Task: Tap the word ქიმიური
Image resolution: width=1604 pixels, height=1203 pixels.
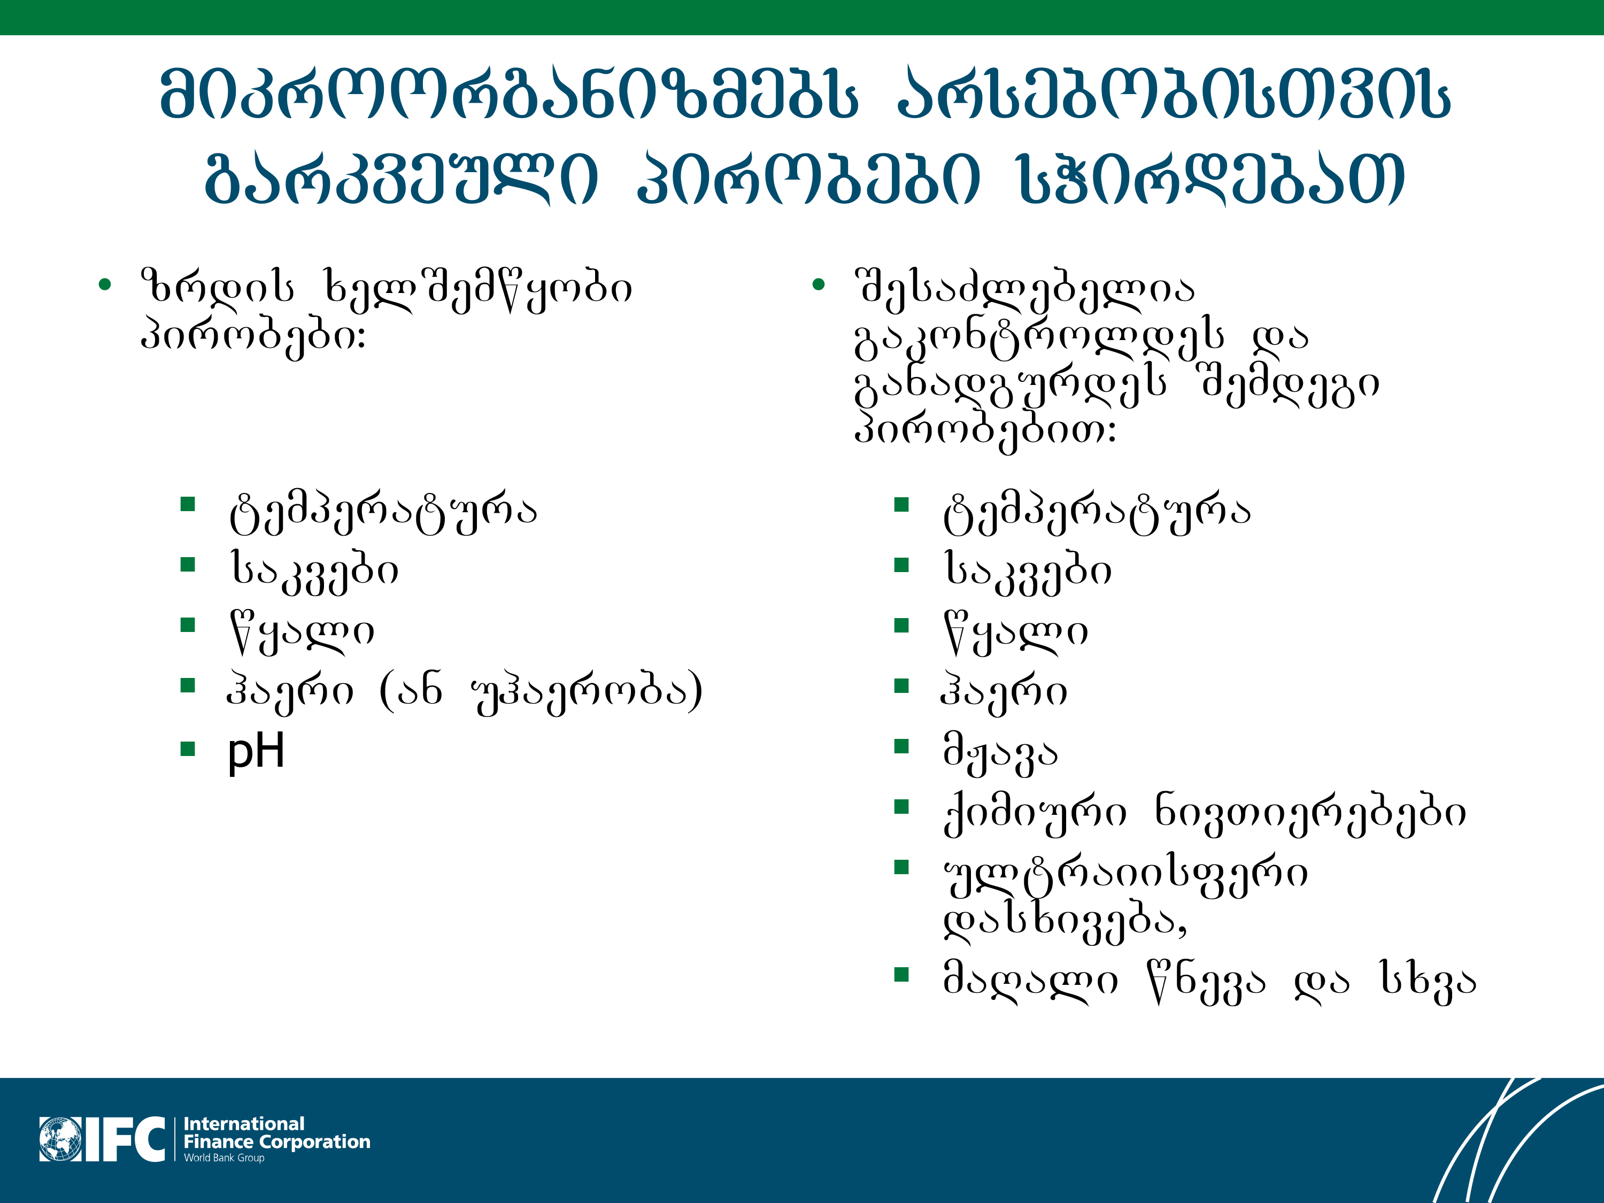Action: [1036, 813]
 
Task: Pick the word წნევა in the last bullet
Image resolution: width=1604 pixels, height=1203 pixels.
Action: [1207, 982]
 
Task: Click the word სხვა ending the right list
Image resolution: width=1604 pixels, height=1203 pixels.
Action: [1427, 982]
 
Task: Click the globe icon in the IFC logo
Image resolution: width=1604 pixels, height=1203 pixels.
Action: [61, 1139]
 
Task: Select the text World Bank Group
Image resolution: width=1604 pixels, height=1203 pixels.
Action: [224, 1158]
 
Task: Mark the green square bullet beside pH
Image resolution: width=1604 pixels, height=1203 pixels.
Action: [188, 749]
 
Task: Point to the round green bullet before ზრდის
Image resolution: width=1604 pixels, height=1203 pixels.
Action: [105, 285]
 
